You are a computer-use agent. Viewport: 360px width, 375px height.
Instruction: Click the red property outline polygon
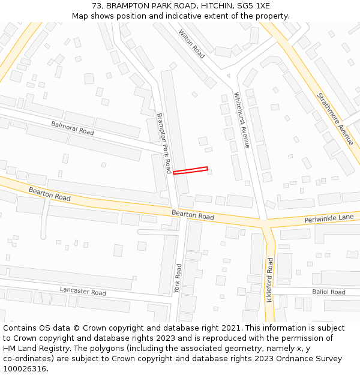(x=190, y=170)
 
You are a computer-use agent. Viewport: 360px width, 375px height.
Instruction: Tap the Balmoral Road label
(x=73, y=128)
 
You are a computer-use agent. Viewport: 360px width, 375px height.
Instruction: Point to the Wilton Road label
(x=191, y=44)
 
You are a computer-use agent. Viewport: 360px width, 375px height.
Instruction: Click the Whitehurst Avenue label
(x=241, y=120)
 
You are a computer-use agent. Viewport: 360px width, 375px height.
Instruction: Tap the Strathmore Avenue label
(x=335, y=118)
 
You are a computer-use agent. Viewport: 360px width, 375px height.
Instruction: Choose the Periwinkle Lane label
(x=329, y=218)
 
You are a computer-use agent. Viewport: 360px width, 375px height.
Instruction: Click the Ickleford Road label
(x=270, y=280)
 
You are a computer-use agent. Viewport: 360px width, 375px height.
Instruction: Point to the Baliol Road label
(x=328, y=292)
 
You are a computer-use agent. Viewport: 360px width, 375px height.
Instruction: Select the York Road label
(x=178, y=278)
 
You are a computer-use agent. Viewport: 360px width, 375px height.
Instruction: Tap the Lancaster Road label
(x=83, y=291)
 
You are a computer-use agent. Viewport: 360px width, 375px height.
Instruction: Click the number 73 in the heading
(x=97, y=5)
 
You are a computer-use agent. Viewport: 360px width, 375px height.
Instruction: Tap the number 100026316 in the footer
(x=25, y=368)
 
